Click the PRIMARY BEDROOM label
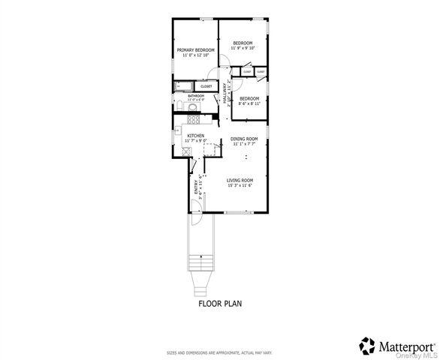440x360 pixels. [x=195, y=49]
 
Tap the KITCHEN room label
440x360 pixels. [x=195, y=136]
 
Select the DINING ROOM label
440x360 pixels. [x=244, y=139]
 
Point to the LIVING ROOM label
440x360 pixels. [x=240, y=180]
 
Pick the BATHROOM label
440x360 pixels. [x=196, y=96]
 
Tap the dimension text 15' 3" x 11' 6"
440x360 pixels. [x=240, y=185]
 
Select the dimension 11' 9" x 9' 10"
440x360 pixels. [x=243, y=48]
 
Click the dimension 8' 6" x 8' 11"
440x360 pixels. [x=249, y=103]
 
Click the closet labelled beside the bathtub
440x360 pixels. [x=206, y=86]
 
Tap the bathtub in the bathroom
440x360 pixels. [x=184, y=86]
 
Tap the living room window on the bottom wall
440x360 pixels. [x=240, y=212]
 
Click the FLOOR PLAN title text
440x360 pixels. [x=219, y=304]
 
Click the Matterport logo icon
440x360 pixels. [x=366, y=345]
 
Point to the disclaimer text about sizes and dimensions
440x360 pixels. [x=219, y=352]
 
